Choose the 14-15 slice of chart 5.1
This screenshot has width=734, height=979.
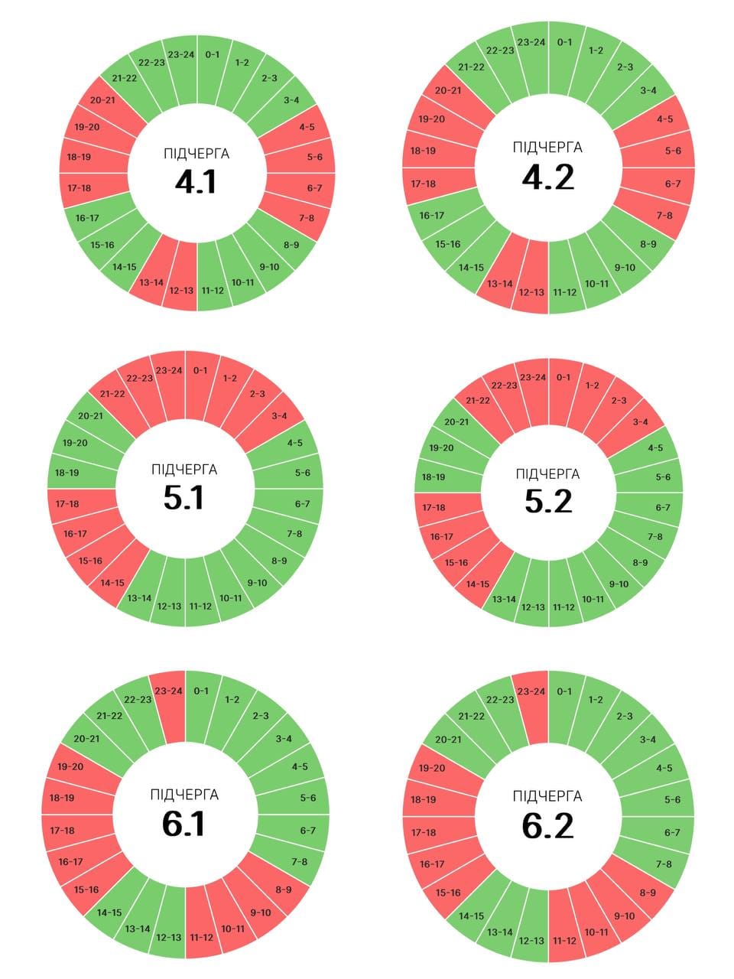[x=112, y=582]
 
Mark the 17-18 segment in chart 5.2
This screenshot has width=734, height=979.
[x=434, y=507]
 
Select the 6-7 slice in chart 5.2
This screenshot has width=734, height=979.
[x=663, y=507]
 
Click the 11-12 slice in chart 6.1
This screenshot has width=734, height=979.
[x=201, y=937]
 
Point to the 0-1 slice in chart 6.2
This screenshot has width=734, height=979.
[x=564, y=692]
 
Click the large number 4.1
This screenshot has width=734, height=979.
[x=196, y=182]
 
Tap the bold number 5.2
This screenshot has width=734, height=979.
[x=548, y=502]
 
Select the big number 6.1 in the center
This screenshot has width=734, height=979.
[x=183, y=825]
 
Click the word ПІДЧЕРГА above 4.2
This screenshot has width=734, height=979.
[x=547, y=148]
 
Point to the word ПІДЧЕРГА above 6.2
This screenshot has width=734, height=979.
[x=547, y=797]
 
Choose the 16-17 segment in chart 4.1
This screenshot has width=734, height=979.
[x=87, y=218]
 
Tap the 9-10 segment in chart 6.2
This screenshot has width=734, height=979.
[x=624, y=916]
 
